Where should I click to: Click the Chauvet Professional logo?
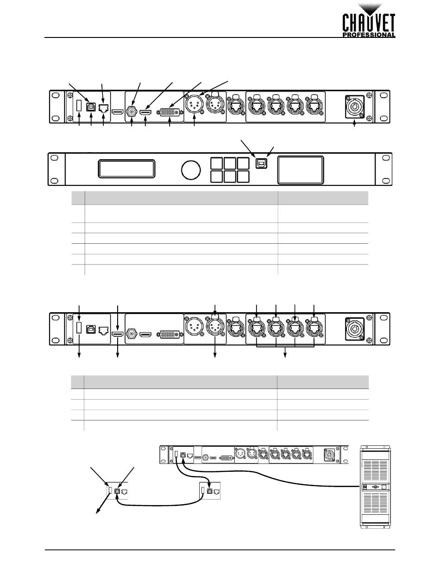coord(369,20)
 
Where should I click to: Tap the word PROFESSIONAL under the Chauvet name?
coord(369,35)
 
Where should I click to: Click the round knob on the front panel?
coord(191,170)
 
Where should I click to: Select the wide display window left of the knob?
coord(126,168)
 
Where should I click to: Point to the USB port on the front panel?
coord(261,163)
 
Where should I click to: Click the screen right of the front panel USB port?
coord(301,170)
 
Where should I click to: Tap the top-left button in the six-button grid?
coord(216,163)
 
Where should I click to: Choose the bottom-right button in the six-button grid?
coord(243,176)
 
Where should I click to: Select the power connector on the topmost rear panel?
coord(355,107)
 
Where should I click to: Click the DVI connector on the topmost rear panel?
coord(170,112)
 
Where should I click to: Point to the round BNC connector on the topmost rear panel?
coord(132,112)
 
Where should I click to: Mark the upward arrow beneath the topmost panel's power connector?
coord(355,123)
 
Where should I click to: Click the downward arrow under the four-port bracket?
coord(285,352)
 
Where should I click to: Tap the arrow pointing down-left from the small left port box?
coord(103,504)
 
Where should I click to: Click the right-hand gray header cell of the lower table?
coord(323,382)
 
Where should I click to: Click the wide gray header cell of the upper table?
coord(181,198)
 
